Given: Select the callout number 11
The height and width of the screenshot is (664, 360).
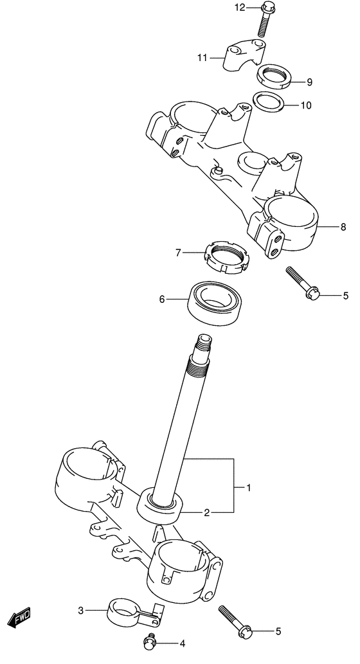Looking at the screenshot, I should [203, 58].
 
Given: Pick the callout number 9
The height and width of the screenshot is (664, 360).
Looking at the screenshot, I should [309, 82].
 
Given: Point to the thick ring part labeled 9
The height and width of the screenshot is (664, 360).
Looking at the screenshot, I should [273, 76].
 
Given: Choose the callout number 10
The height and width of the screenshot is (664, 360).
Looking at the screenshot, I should [306, 105].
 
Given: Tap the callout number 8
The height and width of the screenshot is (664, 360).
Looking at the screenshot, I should [343, 227].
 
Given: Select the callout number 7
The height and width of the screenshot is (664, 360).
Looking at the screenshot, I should [179, 252].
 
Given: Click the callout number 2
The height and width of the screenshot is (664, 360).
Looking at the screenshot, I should [206, 512].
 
